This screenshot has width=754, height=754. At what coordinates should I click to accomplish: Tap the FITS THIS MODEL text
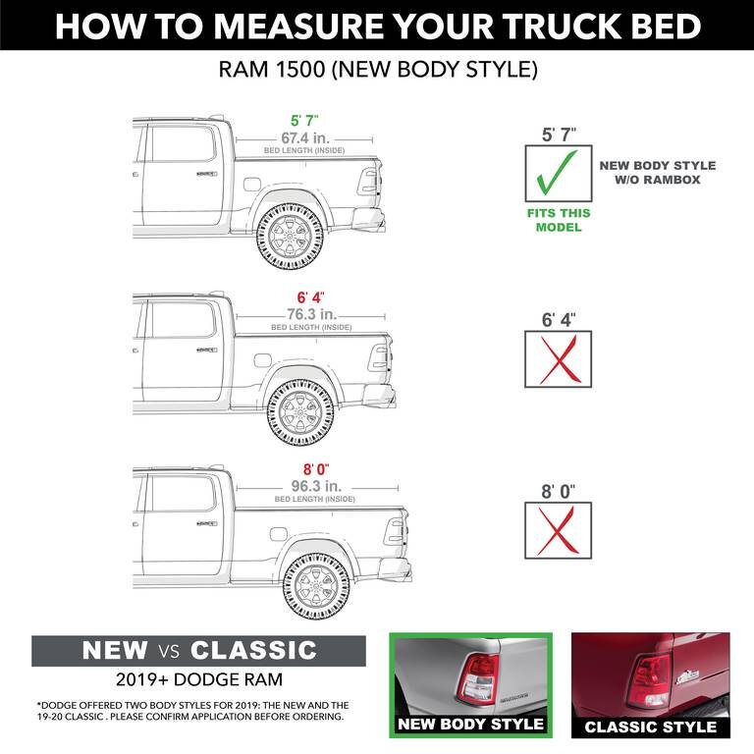point(559,221)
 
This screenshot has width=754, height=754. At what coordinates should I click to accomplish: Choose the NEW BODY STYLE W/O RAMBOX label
point(657,173)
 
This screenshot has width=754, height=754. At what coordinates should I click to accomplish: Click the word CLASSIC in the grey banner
point(253,650)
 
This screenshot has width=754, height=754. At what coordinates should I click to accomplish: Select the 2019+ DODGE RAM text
point(198,680)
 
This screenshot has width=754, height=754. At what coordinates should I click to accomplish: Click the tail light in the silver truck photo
point(480,676)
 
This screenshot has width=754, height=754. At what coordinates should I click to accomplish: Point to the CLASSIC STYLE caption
point(650,727)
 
